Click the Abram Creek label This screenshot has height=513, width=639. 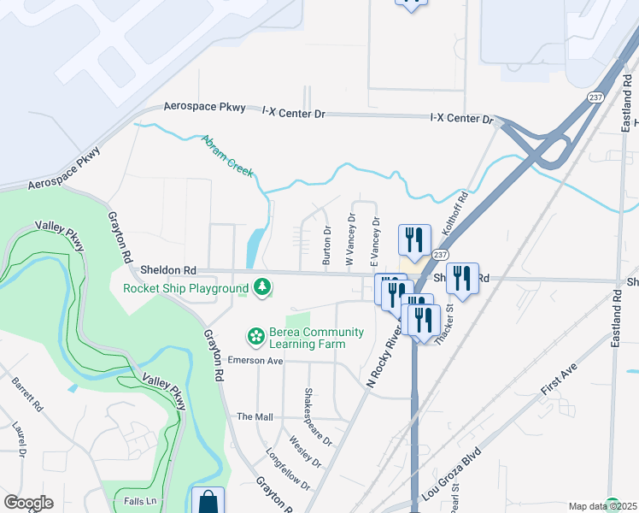(227, 156)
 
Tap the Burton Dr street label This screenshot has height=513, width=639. (326, 244)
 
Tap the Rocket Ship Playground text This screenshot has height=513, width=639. (185, 288)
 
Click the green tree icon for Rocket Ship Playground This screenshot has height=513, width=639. (264, 288)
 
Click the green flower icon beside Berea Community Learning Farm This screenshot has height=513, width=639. (255, 338)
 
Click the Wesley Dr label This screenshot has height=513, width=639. (305, 452)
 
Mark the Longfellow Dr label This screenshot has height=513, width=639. (288, 469)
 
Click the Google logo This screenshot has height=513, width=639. (28, 503)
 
